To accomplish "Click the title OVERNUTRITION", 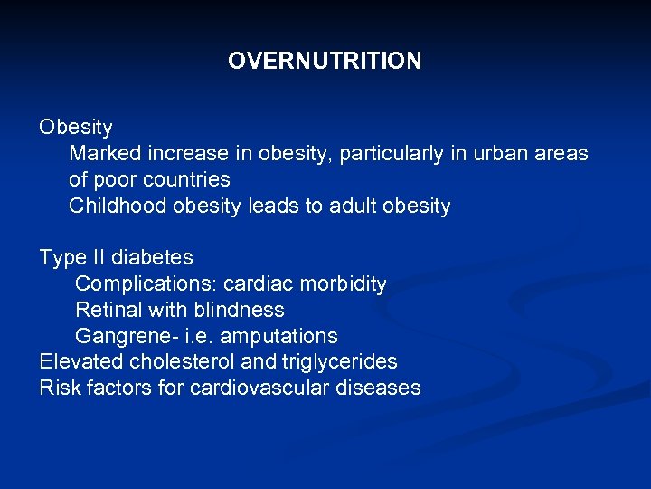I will tap(325, 61).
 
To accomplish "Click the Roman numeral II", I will tap(96, 258).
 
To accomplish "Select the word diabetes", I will tap(153, 258).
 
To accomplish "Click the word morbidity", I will tap(341, 284).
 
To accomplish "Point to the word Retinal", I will tap(108, 310).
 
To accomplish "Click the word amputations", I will tap(278, 337).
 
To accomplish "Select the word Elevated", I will tap(75, 362).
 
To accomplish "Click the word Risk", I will tap(57, 388).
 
